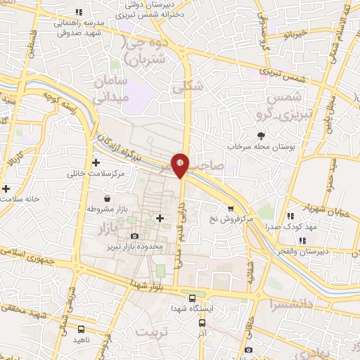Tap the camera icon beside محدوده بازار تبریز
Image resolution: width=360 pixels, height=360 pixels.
(134, 236)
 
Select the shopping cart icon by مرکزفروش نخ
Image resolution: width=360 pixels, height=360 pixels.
(231, 208)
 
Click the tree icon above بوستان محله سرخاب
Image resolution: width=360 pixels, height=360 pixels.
(261, 135)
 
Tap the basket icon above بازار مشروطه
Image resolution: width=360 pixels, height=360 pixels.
(106, 198)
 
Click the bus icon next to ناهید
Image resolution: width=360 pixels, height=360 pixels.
(82, 328)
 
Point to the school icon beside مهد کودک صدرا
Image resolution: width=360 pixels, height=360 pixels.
(290, 216)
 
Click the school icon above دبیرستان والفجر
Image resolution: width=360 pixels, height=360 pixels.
(302, 240)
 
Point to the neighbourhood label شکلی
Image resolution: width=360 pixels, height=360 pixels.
(191, 86)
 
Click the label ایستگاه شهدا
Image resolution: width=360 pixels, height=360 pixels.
(197, 309)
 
